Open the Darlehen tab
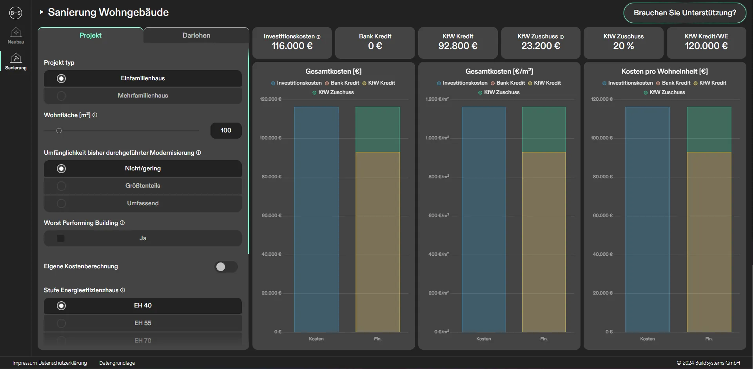pyautogui.click(x=196, y=35)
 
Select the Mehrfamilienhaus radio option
pyautogui.click(x=143, y=96)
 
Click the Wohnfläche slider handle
pyautogui.click(x=59, y=131)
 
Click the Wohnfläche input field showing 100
pyautogui.click(x=226, y=130)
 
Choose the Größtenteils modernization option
pyautogui.click(x=143, y=186)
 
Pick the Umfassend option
pyautogui.click(x=143, y=203)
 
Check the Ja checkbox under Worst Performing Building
pyautogui.click(x=61, y=238)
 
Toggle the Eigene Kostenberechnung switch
pyautogui.click(x=226, y=267)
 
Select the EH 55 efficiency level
pyautogui.click(x=143, y=323)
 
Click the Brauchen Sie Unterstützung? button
pyautogui.click(x=684, y=13)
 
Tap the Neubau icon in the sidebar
pyautogui.click(x=16, y=35)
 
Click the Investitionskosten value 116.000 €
pyautogui.click(x=292, y=46)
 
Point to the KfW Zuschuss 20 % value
pyautogui.click(x=623, y=46)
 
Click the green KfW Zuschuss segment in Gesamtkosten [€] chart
pyautogui.click(x=377, y=130)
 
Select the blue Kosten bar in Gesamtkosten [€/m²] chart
pyautogui.click(x=483, y=219)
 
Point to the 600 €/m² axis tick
pyautogui.click(x=439, y=215)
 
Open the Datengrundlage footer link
pyautogui.click(x=117, y=363)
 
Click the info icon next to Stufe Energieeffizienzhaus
pyautogui.click(x=123, y=290)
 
